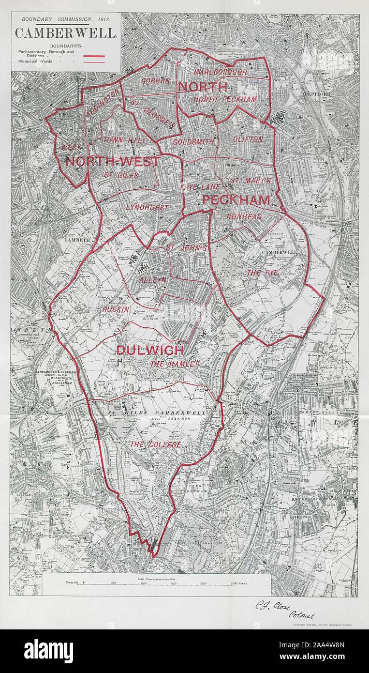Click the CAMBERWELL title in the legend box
pos(66,33)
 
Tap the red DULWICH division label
pos(150,351)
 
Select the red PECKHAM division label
pos(236,200)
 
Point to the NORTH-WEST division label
pos(112,162)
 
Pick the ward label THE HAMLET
pos(174,364)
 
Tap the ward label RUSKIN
pos(115,309)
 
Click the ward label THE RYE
pos(262,273)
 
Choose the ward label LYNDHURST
pos(147,207)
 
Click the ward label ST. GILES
pos(121,175)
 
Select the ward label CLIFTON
pos(248,139)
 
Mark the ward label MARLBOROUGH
pos(220,72)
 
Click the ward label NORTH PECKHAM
pos(225,99)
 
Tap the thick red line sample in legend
pos(94,56)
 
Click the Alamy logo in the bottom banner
pos(48,651)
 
